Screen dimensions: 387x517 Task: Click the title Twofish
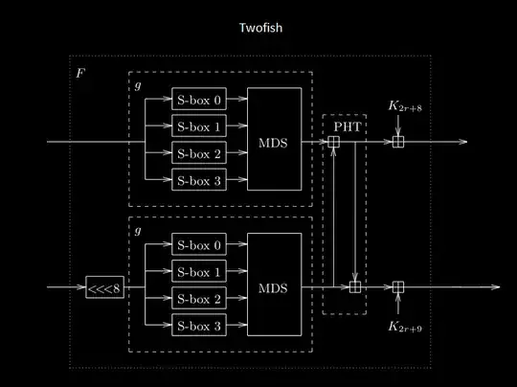[260, 29]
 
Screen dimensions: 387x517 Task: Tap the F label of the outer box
[80, 73]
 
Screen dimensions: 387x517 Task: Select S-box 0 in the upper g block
[199, 99]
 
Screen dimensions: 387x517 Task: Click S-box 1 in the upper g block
[199, 125]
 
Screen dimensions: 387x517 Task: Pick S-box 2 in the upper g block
[199, 152]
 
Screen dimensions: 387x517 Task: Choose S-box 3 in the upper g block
[199, 179]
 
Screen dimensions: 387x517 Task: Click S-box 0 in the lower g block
[199, 245]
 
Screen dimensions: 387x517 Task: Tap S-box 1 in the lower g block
[199, 272]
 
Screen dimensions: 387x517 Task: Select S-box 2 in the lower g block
[199, 299]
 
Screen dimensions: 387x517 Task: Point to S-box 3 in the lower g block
[199, 326]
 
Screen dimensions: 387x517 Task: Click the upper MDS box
[274, 141]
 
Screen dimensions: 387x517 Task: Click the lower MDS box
[274, 286]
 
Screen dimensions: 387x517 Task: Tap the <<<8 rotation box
[104, 286]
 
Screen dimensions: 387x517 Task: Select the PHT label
[344, 125]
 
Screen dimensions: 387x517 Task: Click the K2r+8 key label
[404, 107]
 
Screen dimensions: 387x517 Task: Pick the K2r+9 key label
[405, 327]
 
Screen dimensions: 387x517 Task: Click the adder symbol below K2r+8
[397, 142]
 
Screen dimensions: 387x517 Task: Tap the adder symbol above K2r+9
[397, 286]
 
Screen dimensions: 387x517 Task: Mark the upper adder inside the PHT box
[333, 142]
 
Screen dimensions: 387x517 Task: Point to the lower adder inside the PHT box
[355, 286]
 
